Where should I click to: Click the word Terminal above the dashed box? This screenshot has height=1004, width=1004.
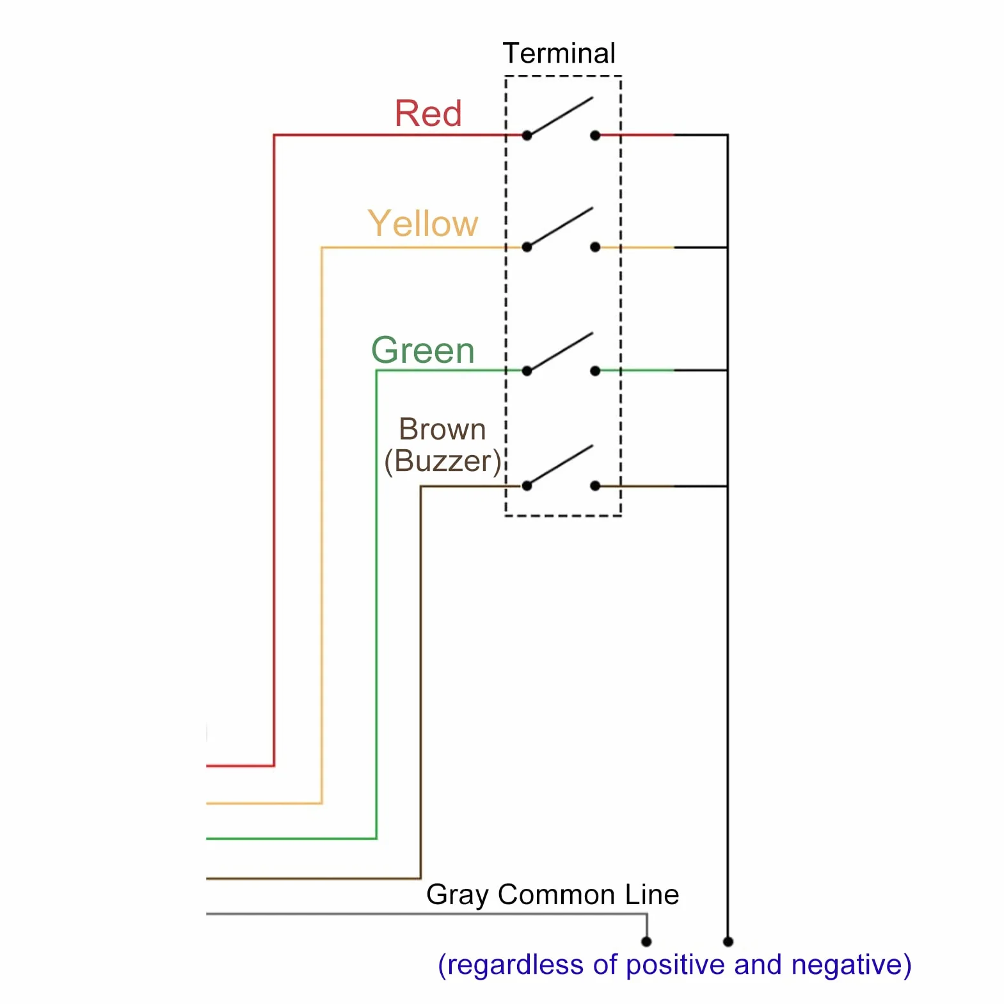click(559, 53)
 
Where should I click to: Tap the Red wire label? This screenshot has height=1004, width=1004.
click(428, 113)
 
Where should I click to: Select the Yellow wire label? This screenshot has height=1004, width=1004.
click(423, 223)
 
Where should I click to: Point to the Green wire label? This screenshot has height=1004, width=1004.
click(423, 350)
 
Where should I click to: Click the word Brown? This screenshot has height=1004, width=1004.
click(442, 429)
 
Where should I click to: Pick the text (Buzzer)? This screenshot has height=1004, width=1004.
click(443, 461)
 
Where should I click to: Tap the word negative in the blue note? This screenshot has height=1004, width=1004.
click(852, 964)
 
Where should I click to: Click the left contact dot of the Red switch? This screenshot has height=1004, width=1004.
click(527, 136)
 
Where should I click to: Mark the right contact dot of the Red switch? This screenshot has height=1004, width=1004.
click(595, 136)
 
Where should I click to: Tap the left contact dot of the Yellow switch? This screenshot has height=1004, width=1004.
click(527, 247)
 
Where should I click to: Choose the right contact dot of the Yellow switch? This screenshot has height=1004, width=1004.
click(595, 247)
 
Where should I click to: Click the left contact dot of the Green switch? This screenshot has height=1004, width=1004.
click(527, 371)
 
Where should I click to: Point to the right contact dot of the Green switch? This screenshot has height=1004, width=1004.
click(595, 371)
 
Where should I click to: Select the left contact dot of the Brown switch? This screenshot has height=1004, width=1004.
click(527, 486)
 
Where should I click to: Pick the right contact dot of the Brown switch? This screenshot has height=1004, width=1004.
click(595, 486)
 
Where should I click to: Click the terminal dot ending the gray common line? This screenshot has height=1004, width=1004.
click(646, 941)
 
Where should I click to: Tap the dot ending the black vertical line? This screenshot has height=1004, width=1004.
click(728, 941)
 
